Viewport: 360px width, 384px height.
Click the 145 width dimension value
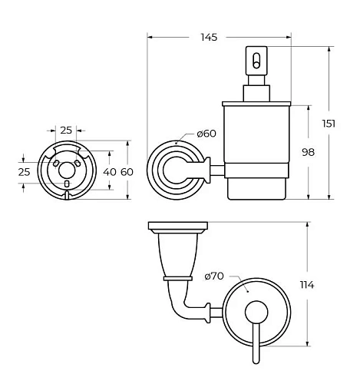point(209,38)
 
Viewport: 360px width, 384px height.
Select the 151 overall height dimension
point(329,124)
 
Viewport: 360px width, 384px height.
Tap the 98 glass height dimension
point(308,152)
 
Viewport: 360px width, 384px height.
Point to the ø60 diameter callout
point(206,134)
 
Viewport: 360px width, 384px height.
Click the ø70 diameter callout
point(214,276)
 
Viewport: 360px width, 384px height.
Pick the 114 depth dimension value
point(307,285)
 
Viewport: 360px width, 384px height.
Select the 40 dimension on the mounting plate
point(110,172)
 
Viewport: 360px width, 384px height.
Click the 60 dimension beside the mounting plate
point(127,172)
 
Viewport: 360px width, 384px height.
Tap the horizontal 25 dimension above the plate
point(66,131)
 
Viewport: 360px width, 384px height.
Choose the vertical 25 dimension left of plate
point(25,172)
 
